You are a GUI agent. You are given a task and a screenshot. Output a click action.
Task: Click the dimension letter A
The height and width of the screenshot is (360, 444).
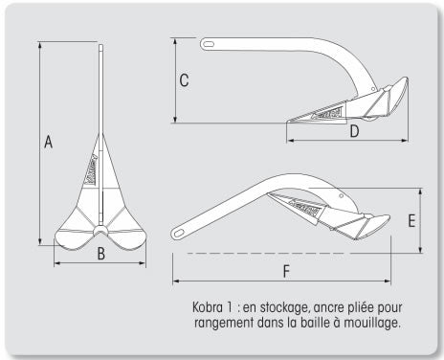[x=48, y=142]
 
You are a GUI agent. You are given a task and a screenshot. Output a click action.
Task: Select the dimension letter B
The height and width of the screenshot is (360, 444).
[x=100, y=254]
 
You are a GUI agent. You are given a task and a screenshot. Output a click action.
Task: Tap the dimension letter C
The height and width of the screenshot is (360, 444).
[x=184, y=80]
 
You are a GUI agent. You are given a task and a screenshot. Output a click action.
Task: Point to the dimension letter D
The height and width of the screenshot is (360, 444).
[x=354, y=131]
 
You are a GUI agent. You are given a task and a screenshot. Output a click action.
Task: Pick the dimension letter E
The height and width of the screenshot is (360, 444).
[x=411, y=221]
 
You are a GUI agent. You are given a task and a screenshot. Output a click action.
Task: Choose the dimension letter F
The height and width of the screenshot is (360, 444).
[x=286, y=272]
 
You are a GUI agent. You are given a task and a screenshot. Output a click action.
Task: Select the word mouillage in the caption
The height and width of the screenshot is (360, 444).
[x=371, y=323]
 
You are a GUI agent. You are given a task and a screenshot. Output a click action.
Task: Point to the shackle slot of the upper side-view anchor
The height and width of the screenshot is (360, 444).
[x=209, y=44]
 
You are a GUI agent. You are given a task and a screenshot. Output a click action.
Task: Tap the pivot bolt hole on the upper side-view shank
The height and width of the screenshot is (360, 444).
[x=373, y=89]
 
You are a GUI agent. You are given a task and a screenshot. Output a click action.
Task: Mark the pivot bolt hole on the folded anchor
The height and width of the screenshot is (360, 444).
[x=342, y=195]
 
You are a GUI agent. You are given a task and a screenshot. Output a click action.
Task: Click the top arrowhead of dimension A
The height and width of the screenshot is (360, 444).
[x=40, y=45]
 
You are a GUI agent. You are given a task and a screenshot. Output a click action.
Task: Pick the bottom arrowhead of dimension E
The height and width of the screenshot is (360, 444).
[x=420, y=249]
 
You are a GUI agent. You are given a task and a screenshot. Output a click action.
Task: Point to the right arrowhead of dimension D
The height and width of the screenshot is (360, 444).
[x=405, y=140]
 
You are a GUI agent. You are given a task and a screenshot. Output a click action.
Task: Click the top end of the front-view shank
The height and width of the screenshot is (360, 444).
[x=100, y=45]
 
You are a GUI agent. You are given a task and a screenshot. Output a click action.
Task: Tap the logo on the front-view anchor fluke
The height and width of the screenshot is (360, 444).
[x=91, y=169]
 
